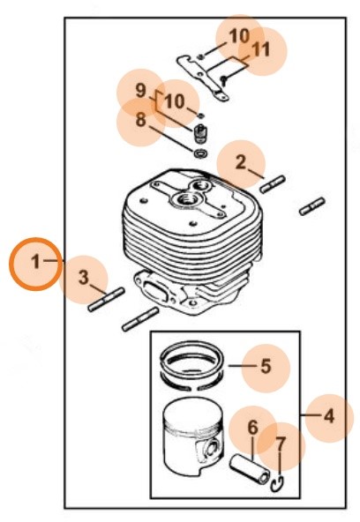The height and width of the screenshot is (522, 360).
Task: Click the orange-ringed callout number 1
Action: tap(35, 262)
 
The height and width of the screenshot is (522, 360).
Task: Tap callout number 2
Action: tap(241, 162)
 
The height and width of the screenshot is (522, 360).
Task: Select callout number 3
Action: tap(84, 277)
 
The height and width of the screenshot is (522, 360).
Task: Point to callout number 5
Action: tap(266, 366)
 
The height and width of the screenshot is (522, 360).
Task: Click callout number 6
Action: tap(253, 428)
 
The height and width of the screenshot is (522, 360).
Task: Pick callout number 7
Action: tap(281, 444)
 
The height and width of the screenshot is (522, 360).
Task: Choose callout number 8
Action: tap(141, 120)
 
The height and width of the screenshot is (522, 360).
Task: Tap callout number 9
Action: tap(141, 90)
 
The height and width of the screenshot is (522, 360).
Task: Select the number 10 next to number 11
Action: tap(239, 36)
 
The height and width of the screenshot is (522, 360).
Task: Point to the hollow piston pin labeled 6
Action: tap(250, 469)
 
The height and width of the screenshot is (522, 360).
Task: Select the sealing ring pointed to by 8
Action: tap(201, 153)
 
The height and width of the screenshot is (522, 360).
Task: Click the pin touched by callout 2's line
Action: tap(273, 184)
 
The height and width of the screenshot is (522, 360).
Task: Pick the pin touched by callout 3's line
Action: tap(106, 300)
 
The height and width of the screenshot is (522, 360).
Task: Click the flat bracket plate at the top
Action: tap(202, 78)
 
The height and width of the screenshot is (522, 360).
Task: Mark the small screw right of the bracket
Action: tap(224, 79)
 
